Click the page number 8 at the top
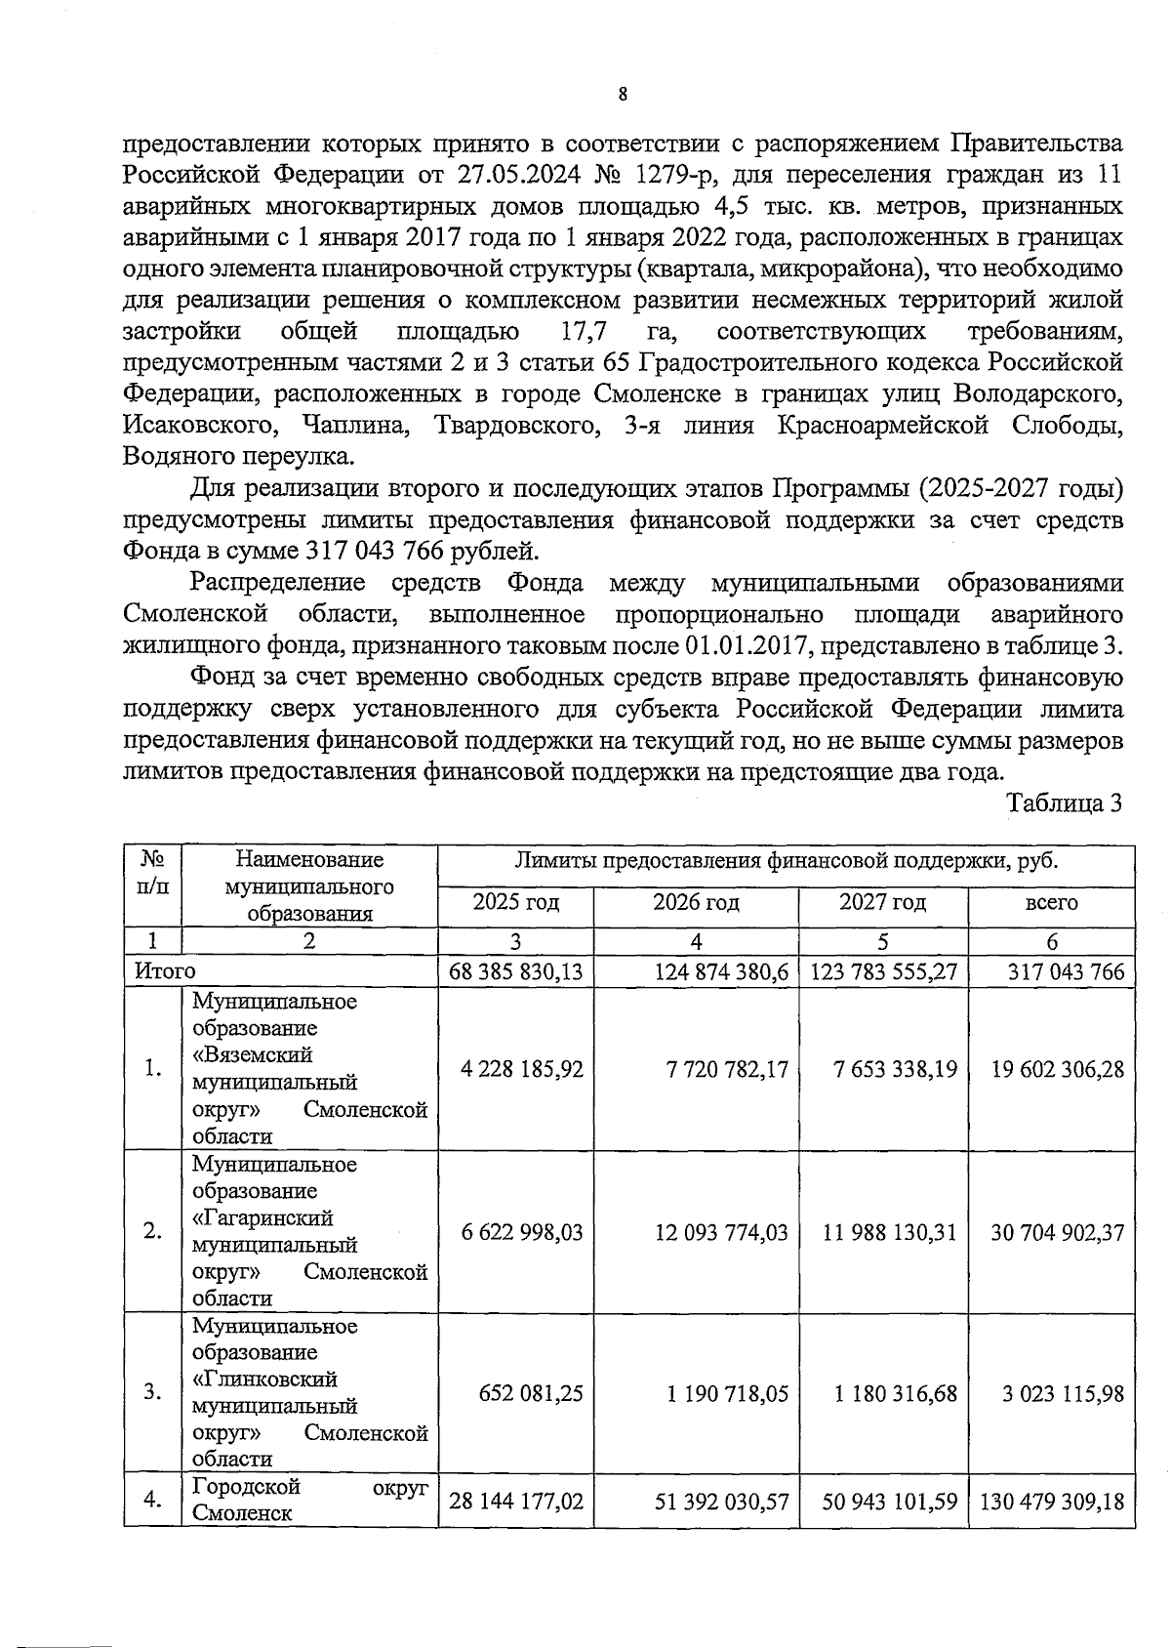click(623, 95)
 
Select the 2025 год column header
click(515, 902)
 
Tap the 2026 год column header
click(696, 902)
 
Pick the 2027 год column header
click(882, 902)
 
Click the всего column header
click(1051, 903)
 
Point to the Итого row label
click(165, 971)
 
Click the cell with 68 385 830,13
click(515, 972)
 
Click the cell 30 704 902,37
click(1057, 1232)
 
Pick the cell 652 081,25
click(531, 1393)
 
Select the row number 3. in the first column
click(152, 1393)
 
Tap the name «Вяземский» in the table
click(253, 1055)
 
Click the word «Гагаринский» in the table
click(262, 1218)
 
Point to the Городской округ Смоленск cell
click(309, 1500)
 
